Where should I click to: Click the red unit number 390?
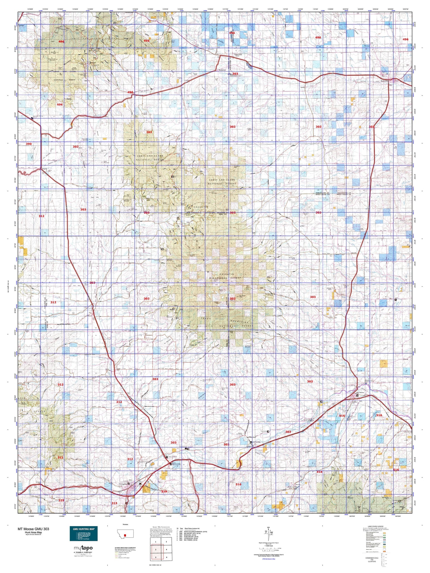pyautogui.click(x=29, y=144)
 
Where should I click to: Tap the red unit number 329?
pyautogui.click(x=164, y=492)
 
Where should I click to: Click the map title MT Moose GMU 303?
pyautogui.click(x=33, y=529)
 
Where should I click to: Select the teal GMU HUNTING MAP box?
pyautogui.click(x=83, y=534)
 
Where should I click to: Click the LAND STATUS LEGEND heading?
pyautogui.click(x=378, y=526)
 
